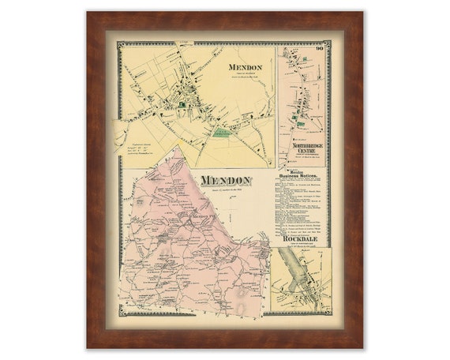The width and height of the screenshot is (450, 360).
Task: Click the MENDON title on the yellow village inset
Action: click(x=246, y=68)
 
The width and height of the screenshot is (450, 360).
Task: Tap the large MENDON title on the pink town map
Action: click(x=225, y=181)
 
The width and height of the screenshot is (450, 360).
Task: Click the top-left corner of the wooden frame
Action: click(x=89, y=13)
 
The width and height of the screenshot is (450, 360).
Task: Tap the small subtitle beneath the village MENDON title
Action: click(x=246, y=76)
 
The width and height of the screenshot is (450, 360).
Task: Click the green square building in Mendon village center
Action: click(x=183, y=103)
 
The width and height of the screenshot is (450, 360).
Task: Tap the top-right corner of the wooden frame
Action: click(x=361, y=13)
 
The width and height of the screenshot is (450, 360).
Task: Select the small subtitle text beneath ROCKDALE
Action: click(x=302, y=244)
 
